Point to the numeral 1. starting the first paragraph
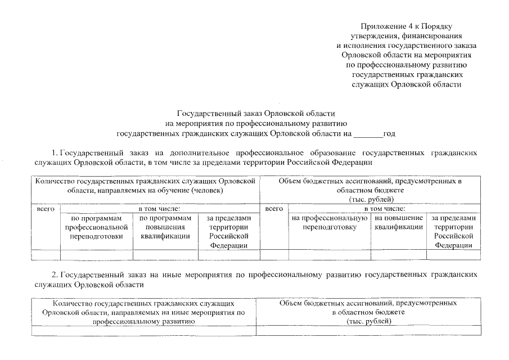(55, 152)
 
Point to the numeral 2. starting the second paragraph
(55, 275)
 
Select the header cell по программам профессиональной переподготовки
(96, 227)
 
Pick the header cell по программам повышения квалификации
(165, 227)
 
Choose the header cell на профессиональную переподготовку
(330, 223)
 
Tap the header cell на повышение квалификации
(399, 223)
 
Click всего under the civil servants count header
(45, 209)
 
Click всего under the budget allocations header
(274, 209)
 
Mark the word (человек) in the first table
(207, 191)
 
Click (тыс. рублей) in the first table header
(369, 199)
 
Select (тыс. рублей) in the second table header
(368, 321)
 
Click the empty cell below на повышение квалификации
(399, 255)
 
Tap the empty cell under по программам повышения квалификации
(165, 255)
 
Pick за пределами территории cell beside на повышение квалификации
(453, 231)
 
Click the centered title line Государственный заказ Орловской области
(256, 113)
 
